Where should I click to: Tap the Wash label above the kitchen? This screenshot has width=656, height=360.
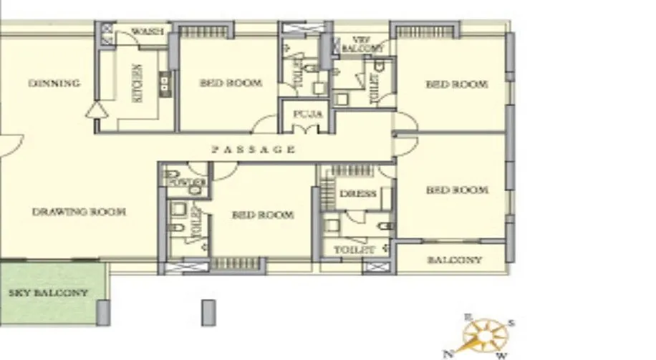(x=149, y=31)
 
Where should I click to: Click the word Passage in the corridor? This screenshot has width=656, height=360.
(x=253, y=150)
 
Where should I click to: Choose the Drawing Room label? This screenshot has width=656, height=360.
(x=79, y=212)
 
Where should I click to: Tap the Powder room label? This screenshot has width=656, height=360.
(x=186, y=183)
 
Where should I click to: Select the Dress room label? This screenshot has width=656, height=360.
(x=358, y=194)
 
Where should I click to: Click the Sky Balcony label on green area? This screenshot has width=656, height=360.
(x=49, y=293)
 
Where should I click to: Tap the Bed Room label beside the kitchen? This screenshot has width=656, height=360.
(x=231, y=83)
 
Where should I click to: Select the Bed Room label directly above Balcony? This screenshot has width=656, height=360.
(x=457, y=190)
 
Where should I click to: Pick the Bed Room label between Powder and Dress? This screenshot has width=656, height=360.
(x=262, y=215)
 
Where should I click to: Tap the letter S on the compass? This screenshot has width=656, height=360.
(x=511, y=323)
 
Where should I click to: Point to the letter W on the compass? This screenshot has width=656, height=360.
(x=502, y=354)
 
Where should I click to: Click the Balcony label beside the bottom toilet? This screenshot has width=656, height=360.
(x=454, y=260)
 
